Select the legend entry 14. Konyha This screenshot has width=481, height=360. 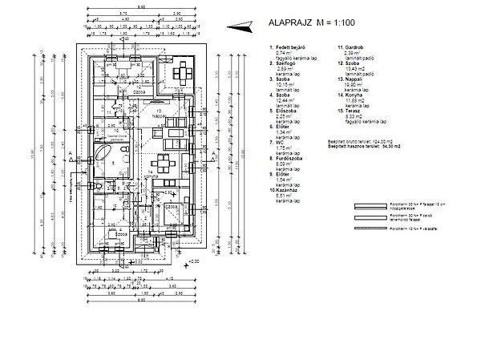[x=350, y=95]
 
